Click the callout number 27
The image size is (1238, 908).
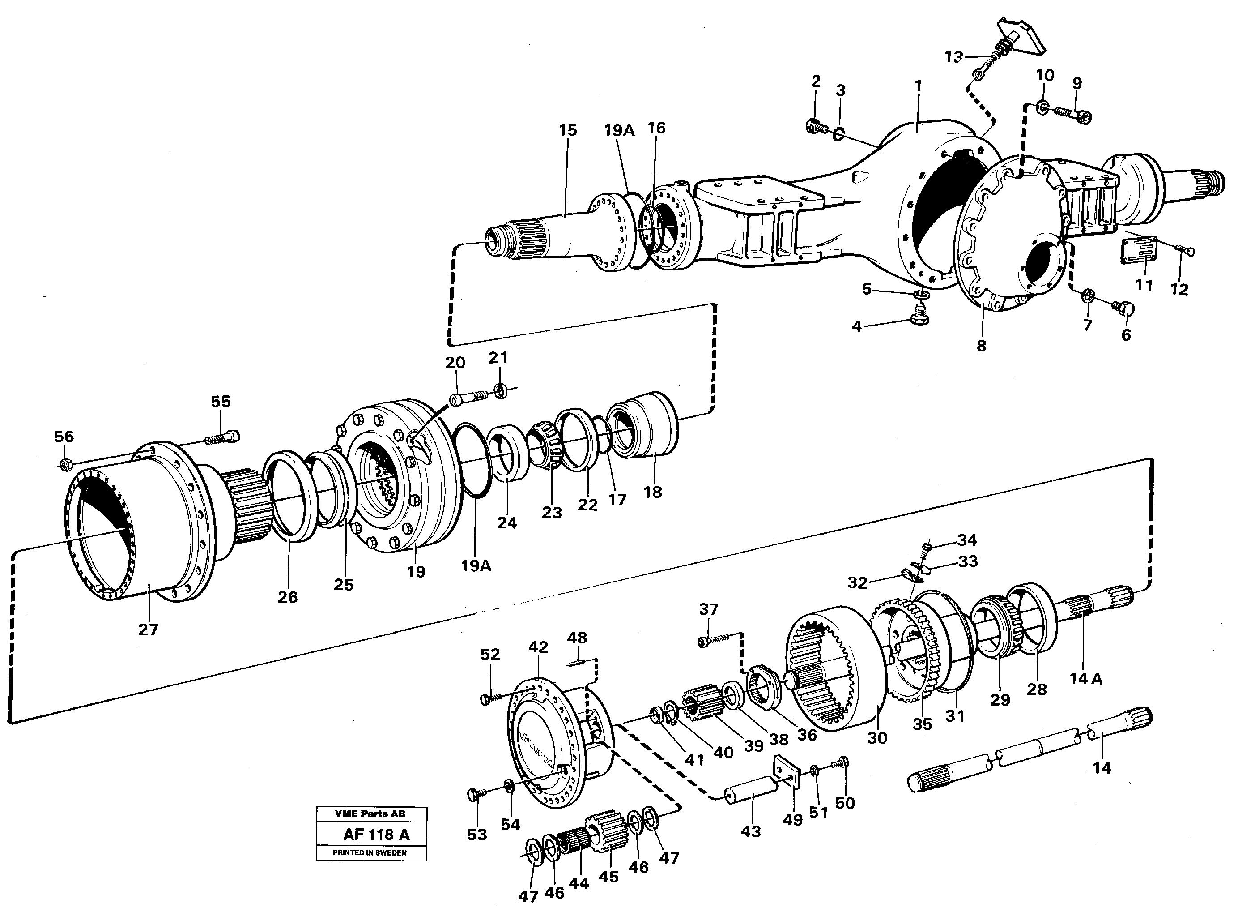[148, 630]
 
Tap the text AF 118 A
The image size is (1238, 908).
[376, 835]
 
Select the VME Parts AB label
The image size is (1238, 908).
[370, 814]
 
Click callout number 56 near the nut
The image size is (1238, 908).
[64, 437]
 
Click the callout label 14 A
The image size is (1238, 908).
[1086, 679]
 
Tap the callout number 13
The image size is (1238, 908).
[954, 56]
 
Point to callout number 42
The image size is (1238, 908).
[538, 647]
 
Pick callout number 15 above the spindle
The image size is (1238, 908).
[567, 130]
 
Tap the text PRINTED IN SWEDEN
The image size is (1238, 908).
[370, 852]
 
